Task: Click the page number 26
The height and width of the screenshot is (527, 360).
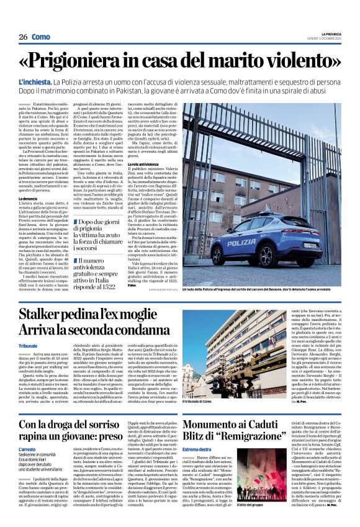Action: [x=23, y=37]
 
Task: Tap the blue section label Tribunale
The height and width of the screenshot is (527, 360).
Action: [x=28, y=345]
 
